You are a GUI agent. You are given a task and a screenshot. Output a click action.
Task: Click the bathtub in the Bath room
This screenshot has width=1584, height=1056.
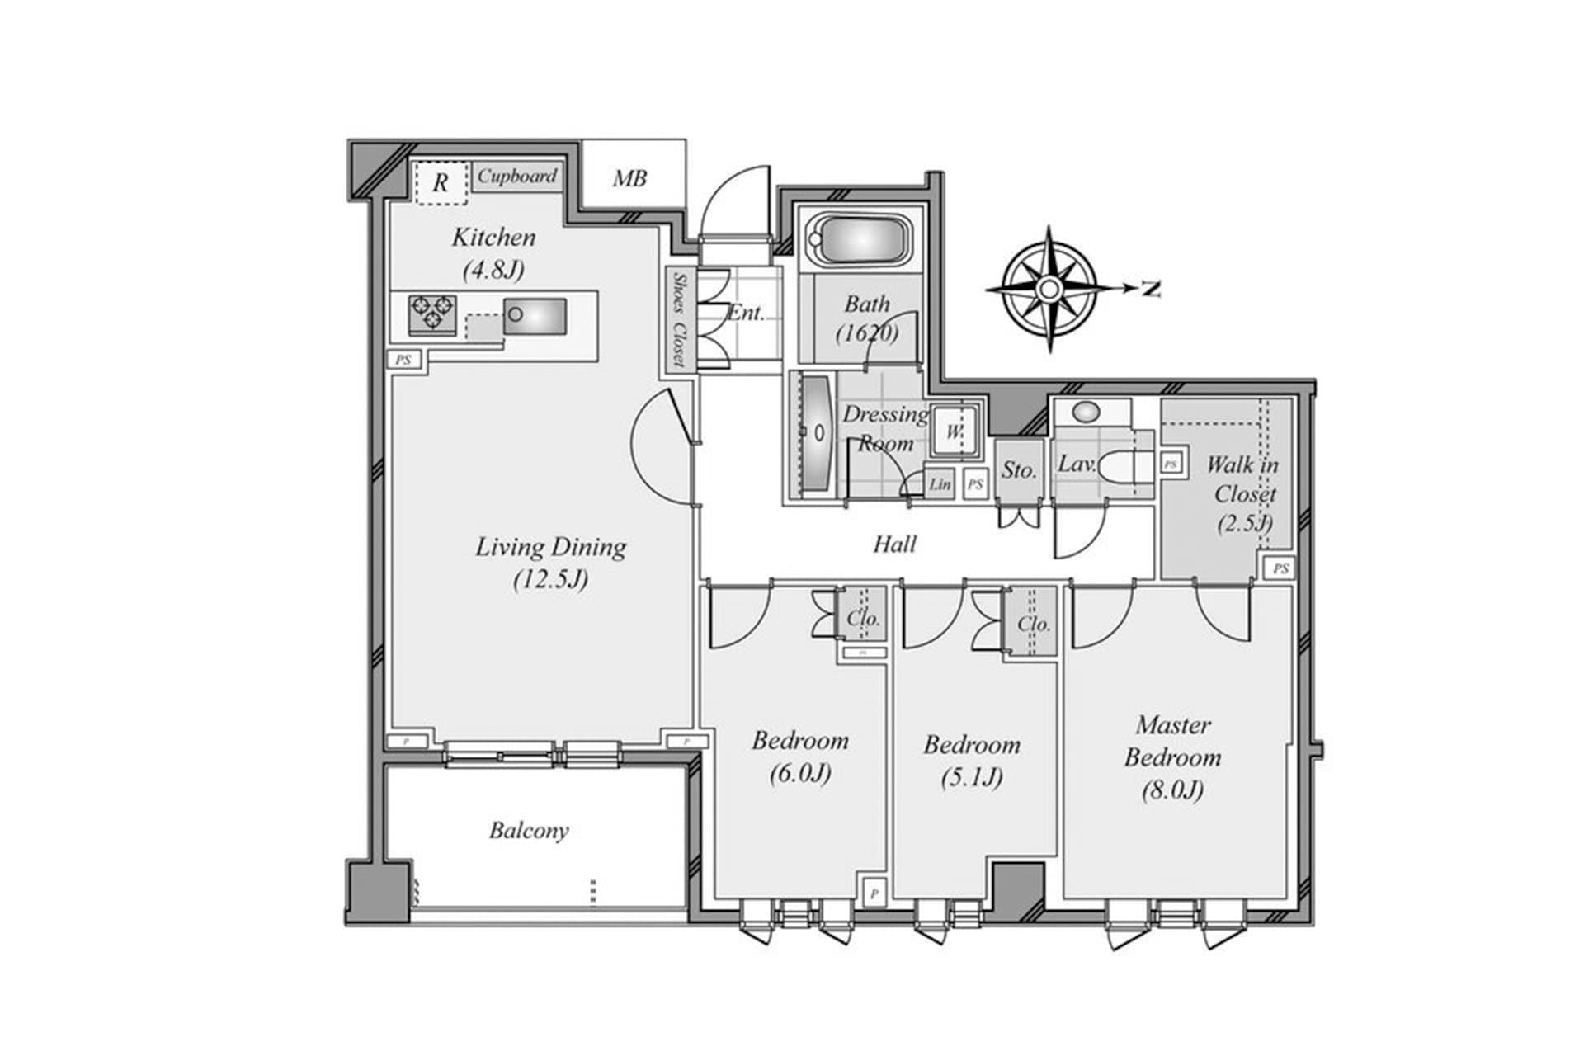(858, 242)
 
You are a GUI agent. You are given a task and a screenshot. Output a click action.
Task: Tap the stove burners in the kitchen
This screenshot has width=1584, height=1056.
(432, 314)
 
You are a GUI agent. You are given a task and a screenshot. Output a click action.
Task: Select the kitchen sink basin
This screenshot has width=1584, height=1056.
(535, 316)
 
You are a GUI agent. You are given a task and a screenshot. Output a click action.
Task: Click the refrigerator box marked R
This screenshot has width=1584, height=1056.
(440, 183)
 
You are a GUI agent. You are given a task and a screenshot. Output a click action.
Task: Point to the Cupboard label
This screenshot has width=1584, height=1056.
(517, 177)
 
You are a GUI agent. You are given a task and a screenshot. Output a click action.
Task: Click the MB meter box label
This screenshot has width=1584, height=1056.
(629, 178)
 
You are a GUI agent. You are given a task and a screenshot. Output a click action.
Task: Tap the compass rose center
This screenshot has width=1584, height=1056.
(1049, 289)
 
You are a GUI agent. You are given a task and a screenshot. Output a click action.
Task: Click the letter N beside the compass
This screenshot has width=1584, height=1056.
(1151, 289)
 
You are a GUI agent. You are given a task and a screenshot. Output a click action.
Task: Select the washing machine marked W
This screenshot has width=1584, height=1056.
(954, 431)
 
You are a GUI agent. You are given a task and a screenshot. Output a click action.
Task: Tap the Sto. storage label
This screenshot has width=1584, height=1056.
(1019, 470)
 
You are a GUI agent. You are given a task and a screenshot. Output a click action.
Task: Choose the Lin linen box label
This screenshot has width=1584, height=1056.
(940, 485)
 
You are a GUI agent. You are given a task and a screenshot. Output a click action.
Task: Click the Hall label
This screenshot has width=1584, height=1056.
(895, 544)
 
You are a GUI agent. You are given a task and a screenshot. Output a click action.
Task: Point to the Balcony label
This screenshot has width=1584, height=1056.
(529, 830)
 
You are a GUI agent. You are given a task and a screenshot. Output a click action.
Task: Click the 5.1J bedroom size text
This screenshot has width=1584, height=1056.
(972, 777)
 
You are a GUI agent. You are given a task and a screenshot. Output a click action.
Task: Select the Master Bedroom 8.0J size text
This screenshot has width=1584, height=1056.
(1172, 790)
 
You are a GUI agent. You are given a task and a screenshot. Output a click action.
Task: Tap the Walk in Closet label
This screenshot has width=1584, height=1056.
(1243, 493)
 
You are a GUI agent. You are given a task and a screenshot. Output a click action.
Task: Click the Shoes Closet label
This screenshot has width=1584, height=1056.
(679, 320)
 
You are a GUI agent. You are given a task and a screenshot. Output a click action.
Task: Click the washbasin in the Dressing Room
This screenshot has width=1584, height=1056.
(817, 433)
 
